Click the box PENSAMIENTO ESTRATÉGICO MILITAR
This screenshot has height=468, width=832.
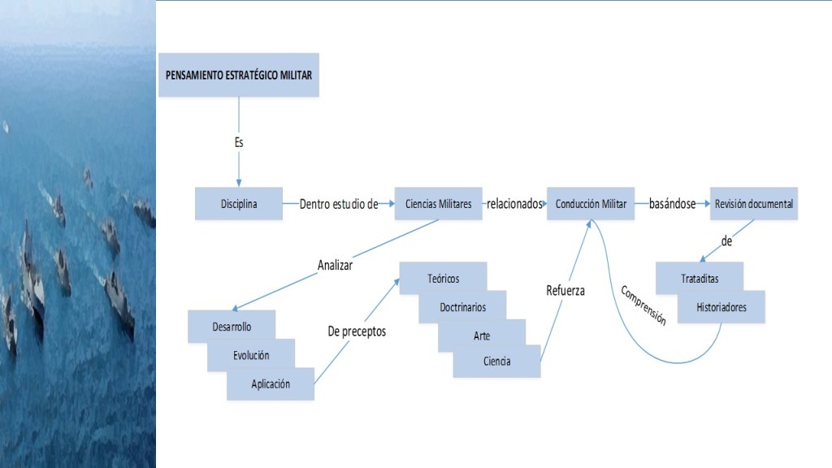click(239, 75)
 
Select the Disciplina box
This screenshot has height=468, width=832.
click(239, 204)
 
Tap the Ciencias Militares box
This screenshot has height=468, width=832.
click(438, 204)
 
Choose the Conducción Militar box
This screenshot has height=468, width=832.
click(591, 204)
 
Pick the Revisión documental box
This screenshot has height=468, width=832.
click(754, 204)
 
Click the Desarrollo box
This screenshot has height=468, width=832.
click(231, 327)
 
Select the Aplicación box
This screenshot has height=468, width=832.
click(271, 384)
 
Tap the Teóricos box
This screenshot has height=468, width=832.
click(443, 279)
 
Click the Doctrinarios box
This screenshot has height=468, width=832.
click(462, 308)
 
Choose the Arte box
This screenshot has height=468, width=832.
click(482, 336)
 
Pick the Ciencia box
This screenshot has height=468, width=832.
click(496, 362)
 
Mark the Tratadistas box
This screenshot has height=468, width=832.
click(700, 279)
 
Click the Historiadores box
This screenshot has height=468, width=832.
click(721, 307)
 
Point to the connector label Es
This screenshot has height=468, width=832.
click(238, 142)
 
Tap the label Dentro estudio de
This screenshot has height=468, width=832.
click(338, 204)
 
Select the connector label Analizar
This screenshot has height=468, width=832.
click(335, 264)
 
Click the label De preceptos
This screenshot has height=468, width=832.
click(357, 331)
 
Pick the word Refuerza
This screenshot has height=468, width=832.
click(565, 290)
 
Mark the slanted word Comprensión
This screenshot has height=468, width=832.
click(643, 305)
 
